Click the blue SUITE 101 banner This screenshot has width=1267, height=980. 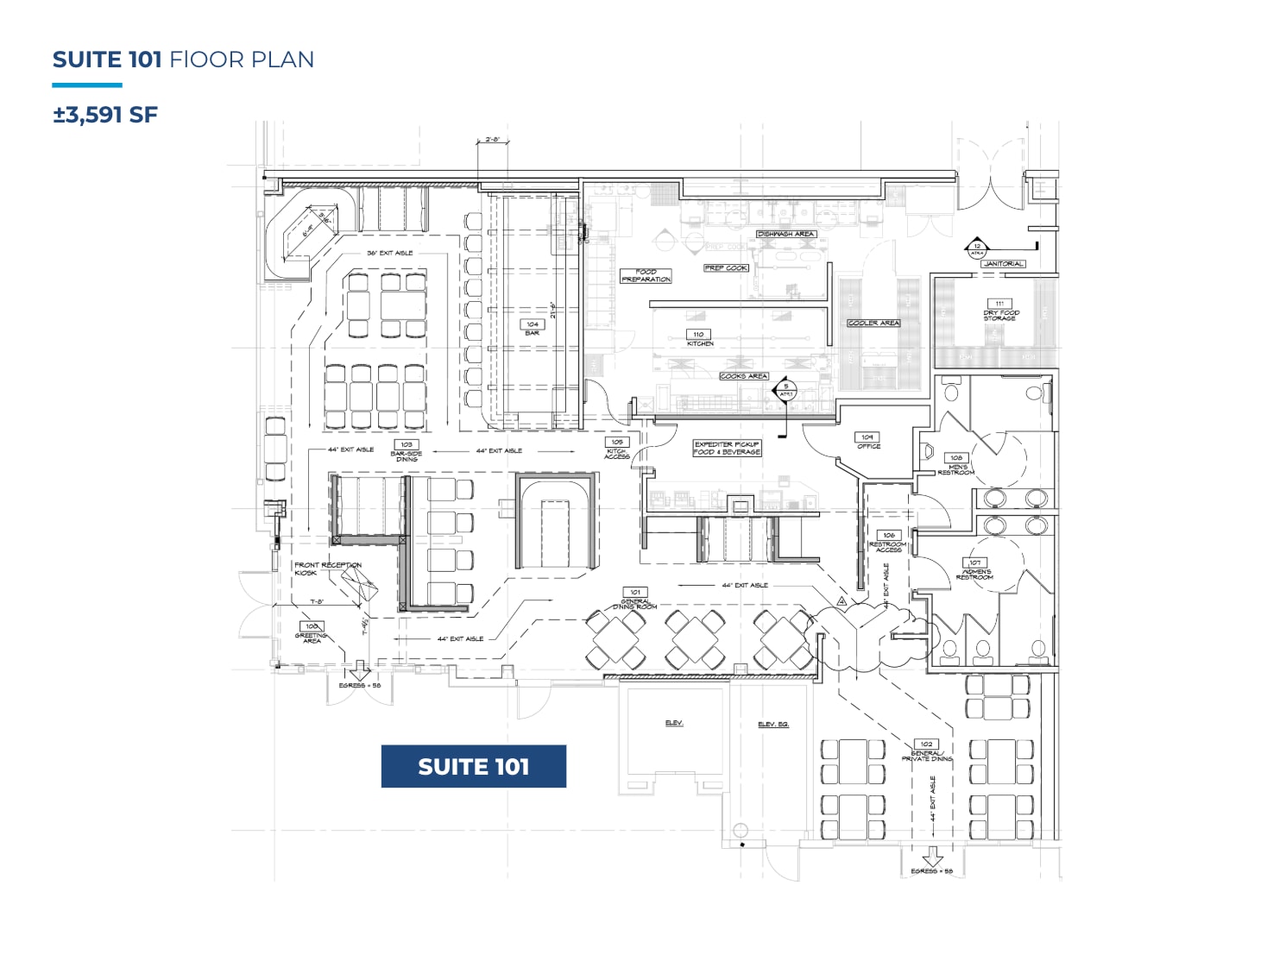coord(473,766)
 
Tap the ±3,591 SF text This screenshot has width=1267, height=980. coord(105,115)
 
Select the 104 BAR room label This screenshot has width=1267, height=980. coord(533,328)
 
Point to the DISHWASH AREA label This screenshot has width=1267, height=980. coord(785,234)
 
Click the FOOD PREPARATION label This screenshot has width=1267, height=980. coord(646,275)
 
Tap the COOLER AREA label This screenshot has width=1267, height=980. coord(873,323)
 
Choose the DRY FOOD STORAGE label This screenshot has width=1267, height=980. coord(1000,311)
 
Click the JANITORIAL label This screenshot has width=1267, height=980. coord(1003,263)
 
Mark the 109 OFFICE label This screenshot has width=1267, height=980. coord(867,442)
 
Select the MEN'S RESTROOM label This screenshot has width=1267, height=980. coord(956,465)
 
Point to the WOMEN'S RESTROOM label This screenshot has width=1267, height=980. coord(975,570)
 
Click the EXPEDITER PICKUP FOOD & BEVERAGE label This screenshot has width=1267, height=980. coord(727,448)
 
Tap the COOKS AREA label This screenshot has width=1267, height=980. coord(743,376)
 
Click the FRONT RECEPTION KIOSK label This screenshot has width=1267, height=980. coord(326,569)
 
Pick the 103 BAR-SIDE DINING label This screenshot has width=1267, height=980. coord(407,451)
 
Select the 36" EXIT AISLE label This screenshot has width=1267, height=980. coord(390,253)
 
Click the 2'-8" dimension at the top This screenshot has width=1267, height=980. coord(493,139)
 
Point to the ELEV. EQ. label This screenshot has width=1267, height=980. coord(772,724)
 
